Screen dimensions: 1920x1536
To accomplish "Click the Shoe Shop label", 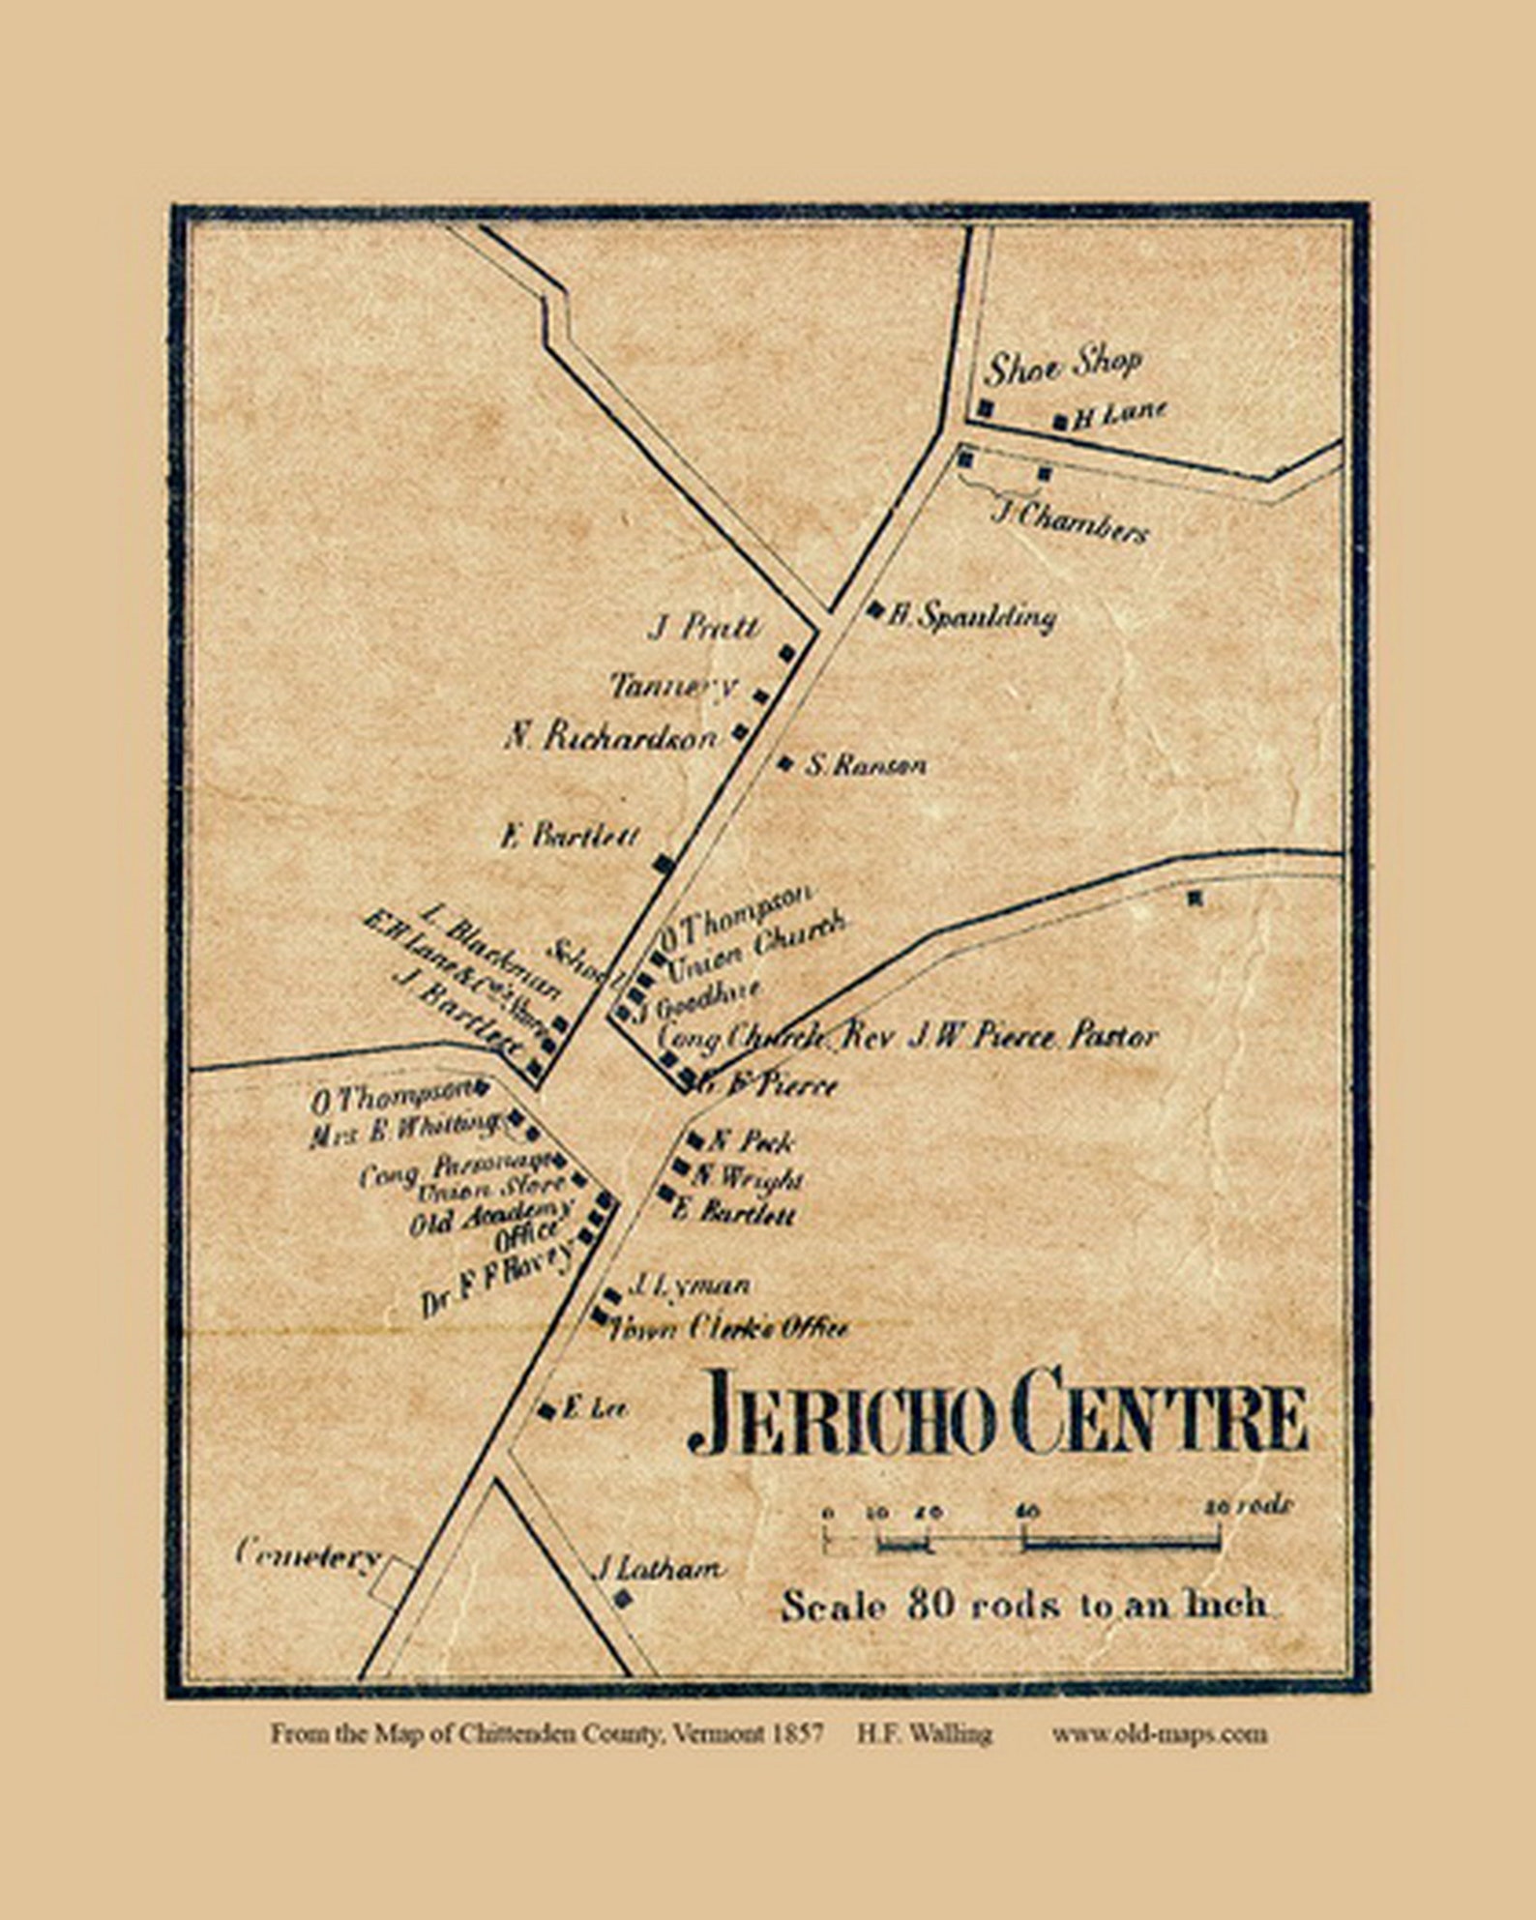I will [1062, 365].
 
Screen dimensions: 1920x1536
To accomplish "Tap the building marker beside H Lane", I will [1060, 421].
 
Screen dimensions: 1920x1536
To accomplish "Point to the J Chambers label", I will [1070, 522].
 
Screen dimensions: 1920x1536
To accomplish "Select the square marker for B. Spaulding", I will [875, 608].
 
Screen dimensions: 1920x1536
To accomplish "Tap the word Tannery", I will [674, 686].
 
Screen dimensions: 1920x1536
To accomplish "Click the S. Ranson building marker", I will [785, 763].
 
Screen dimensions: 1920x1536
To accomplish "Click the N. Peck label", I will [752, 1141].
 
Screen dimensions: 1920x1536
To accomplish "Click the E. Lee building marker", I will [546, 1408].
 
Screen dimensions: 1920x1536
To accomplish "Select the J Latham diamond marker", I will [624, 1600].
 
